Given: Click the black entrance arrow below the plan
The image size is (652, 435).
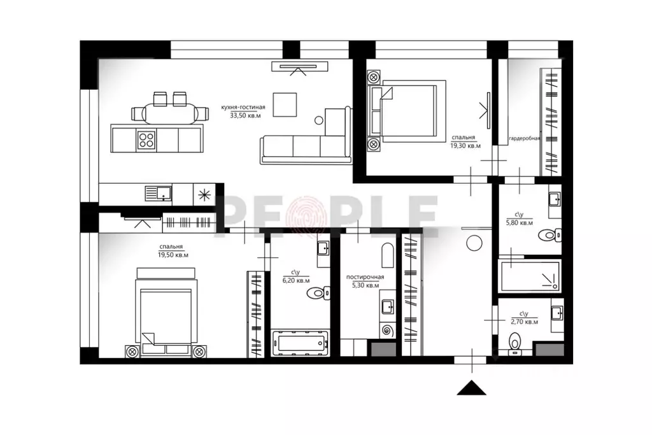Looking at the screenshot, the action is (472, 388).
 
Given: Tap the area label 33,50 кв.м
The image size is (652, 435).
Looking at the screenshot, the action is (245, 116).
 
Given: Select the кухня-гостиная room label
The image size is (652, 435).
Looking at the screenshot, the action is (243, 107).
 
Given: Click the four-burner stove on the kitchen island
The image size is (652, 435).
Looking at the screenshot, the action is (146, 139).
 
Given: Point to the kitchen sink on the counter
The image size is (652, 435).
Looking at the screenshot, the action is (158, 194).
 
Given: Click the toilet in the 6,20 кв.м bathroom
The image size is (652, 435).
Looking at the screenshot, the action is (318, 293).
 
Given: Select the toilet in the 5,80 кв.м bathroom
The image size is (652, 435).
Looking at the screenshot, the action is (549, 235).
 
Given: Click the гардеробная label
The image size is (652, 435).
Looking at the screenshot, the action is (525, 138).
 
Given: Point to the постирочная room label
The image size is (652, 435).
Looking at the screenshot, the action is (365, 277).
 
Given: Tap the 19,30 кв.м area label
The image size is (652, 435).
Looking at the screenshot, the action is (465, 146).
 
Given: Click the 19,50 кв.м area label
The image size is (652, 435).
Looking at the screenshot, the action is (173, 255).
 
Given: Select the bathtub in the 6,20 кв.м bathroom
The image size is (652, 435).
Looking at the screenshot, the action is (300, 343).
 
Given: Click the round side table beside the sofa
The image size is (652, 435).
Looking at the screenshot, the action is (318, 120).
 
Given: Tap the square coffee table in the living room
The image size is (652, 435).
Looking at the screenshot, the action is (285, 104).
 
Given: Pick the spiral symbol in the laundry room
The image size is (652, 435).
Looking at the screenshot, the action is (388, 331).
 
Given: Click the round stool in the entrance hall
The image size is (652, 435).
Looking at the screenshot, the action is (474, 243).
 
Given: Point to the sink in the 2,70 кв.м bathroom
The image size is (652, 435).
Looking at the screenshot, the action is (556, 313).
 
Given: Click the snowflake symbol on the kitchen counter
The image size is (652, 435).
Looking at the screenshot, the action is (204, 195).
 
